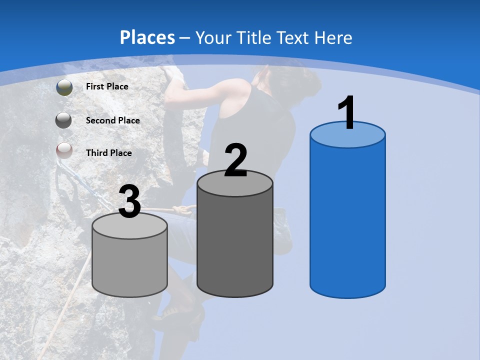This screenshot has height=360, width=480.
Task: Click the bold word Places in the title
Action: click(147, 37)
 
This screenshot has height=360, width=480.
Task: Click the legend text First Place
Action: click(107, 86)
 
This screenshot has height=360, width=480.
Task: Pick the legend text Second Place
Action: click(112, 120)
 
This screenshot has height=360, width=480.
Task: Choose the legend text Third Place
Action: click(108, 153)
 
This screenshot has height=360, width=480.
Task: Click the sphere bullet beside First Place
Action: click(64, 87)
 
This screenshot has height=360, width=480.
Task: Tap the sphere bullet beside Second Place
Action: click(63, 120)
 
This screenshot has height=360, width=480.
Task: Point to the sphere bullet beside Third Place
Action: click(64, 150)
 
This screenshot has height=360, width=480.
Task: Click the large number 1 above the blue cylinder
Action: click(346, 113)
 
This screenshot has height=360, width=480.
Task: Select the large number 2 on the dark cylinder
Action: click(236, 160)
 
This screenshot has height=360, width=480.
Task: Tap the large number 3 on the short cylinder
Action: click(130, 202)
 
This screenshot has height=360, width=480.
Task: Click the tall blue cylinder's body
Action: click(347, 220)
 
